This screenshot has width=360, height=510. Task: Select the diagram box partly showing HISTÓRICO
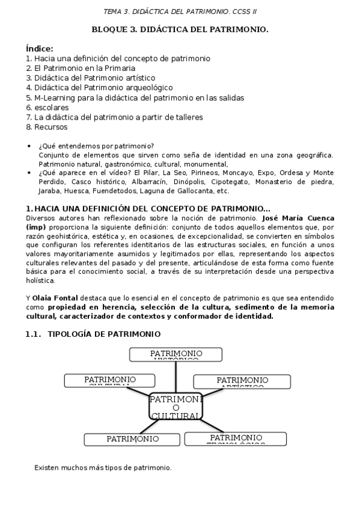pyautogui.click(x=175, y=354)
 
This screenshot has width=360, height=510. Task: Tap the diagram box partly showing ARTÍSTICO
pyautogui.click(x=242, y=381)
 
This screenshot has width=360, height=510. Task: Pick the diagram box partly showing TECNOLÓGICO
pyautogui.click(x=235, y=438)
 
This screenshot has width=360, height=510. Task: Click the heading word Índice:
pyautogui.click(x=40, y=48)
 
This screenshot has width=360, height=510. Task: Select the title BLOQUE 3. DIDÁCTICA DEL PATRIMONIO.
pyautogui.click(x=180, y=29)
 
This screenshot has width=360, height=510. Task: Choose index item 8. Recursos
pyautogui.click(x=47, y=127)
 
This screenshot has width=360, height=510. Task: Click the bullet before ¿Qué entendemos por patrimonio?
pyautogui.click(x=30, y=146)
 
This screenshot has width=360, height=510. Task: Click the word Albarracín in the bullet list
pyautogui.click(x=150, y=181)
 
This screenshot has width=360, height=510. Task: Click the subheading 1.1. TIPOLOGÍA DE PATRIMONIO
pyautogui.click(x=93, y=334)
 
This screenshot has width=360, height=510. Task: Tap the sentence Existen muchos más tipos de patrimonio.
pyautogui.click(x=103, y=467)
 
